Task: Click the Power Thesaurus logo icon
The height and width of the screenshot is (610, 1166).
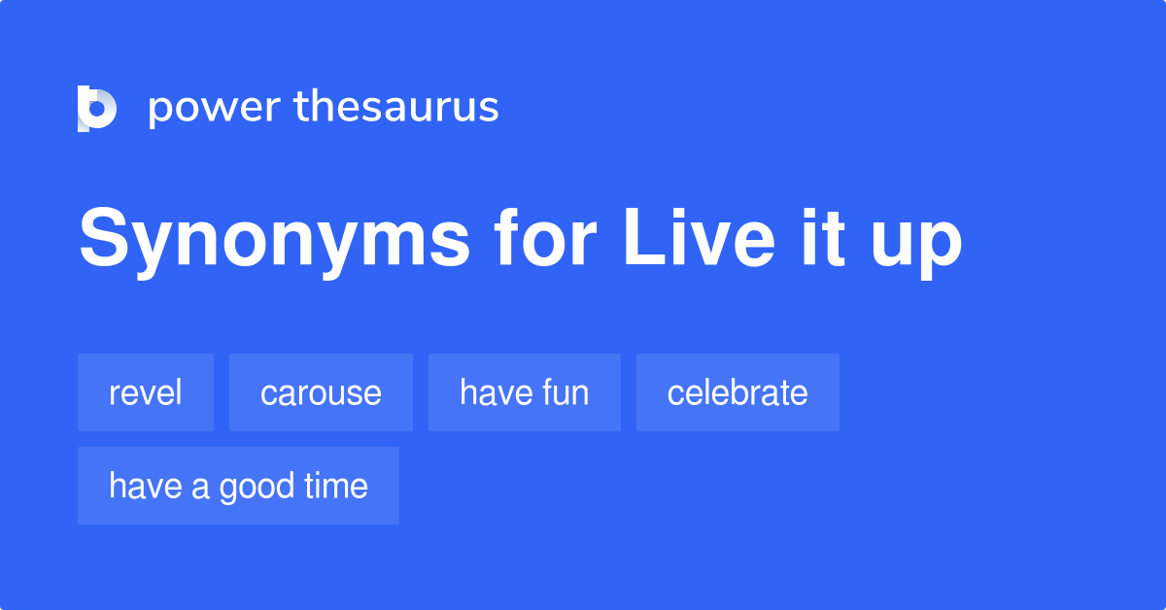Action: (97, 108)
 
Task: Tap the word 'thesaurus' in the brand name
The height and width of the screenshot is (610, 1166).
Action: (396, 107)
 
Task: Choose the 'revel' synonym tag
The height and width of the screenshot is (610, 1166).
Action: (146, 392)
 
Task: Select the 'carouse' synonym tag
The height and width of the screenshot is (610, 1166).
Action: (321, 392)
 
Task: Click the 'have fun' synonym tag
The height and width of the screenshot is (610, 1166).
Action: (525, 392)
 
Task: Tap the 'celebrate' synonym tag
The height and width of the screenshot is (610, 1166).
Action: (737, 392)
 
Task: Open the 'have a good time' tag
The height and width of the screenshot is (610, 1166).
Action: (238, 486)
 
